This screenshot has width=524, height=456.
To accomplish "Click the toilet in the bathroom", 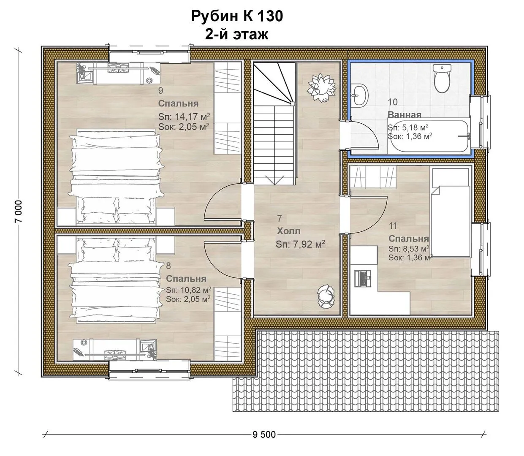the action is point(442,79).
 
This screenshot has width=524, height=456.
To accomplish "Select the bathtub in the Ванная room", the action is point(429,136).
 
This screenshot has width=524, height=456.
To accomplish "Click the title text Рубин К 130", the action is point(237,16).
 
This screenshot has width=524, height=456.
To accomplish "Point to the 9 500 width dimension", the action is point(264,434).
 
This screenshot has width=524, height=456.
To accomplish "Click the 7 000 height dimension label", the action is point(19,211).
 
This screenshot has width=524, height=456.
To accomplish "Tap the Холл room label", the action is point(289,231).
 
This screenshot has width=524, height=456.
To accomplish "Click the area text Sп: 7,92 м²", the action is point(300,244).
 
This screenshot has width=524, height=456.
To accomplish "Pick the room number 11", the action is point(393,226).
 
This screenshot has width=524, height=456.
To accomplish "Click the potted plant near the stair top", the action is point(322,87).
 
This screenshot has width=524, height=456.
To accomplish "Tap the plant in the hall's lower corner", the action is point(326,296).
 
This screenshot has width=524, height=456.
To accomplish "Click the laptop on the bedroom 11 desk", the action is point(363,279).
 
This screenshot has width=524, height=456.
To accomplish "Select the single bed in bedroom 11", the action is point(451,212).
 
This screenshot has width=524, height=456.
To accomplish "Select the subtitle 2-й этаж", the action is point(236,34).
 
